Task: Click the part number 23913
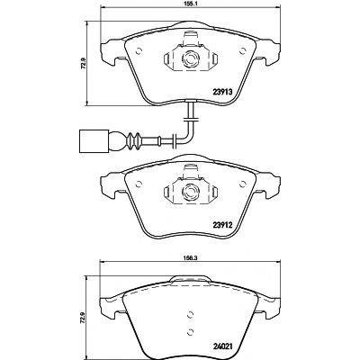222,92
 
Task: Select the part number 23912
222,224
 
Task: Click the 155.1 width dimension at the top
190,4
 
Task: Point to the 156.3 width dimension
190,257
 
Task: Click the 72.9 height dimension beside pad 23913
84,63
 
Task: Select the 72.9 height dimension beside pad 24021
84,317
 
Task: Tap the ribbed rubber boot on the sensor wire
132,140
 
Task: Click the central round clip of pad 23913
190,58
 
